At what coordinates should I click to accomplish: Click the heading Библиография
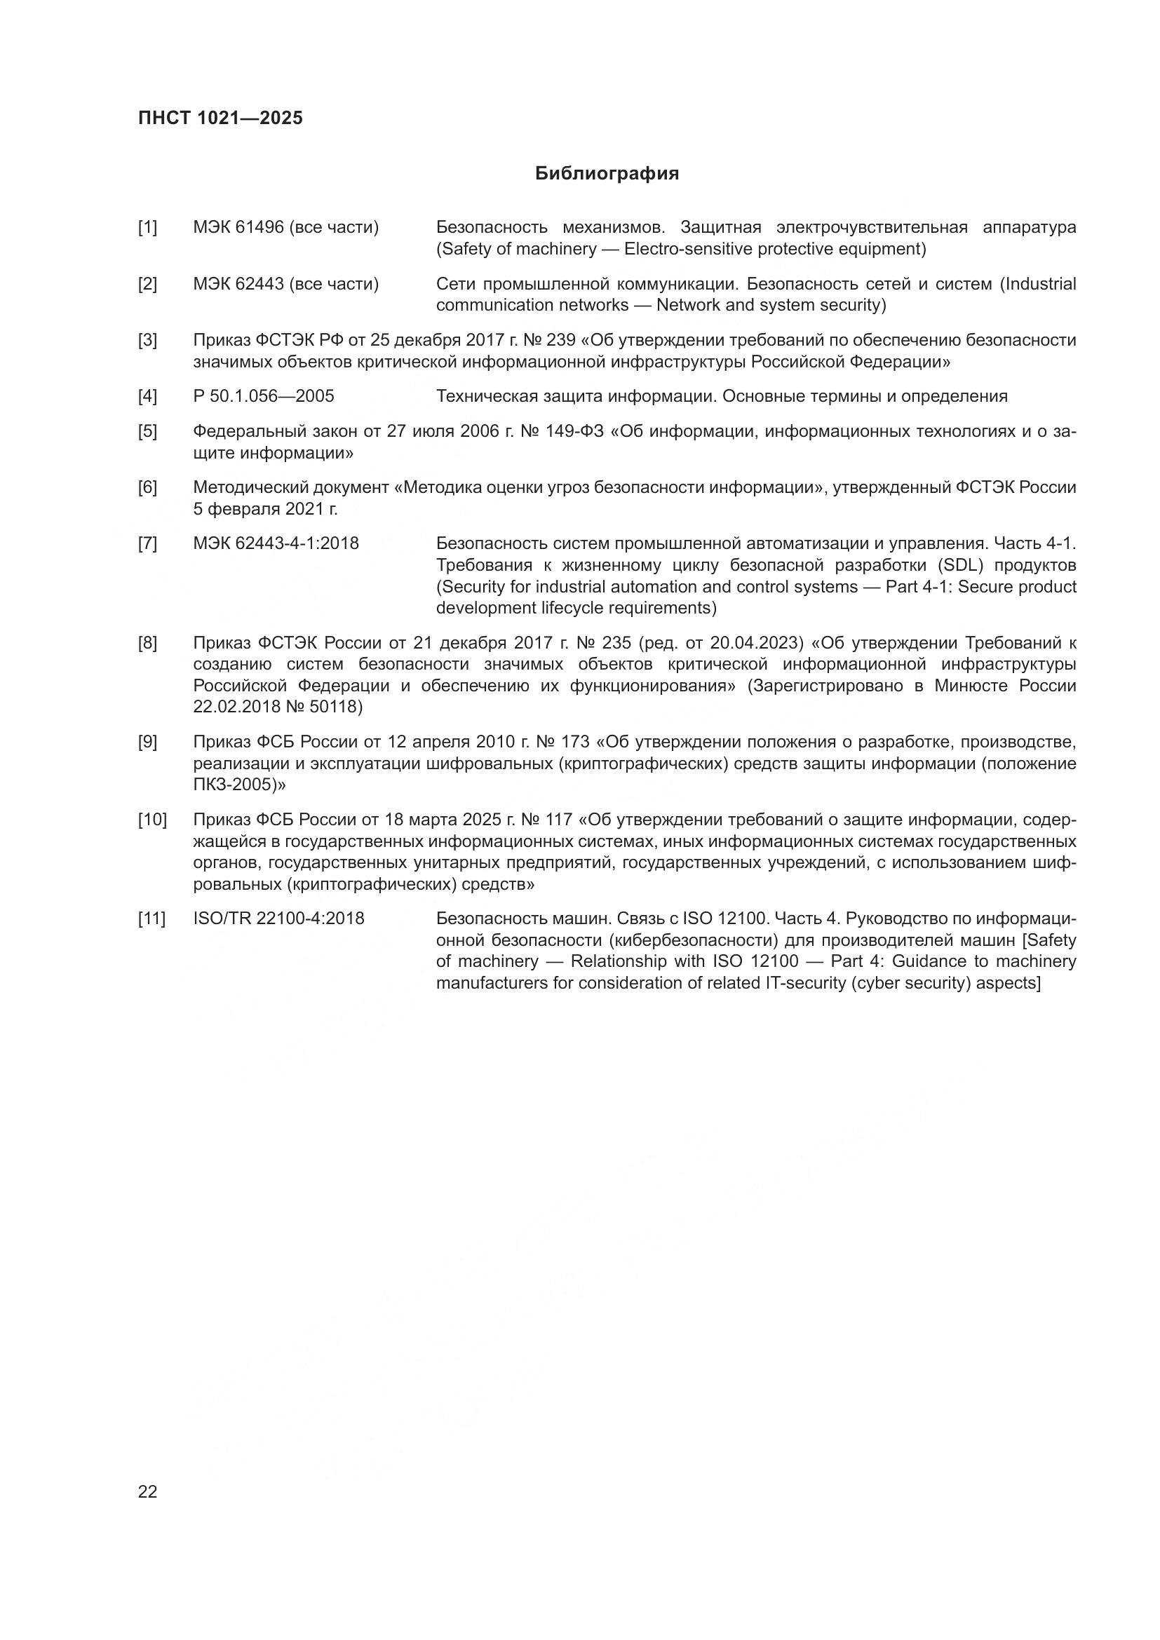click(607, 174)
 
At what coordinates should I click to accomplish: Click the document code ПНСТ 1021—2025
click(220, 118)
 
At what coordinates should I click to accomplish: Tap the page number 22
click(147, 1491)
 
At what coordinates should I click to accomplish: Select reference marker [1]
click(147, 228)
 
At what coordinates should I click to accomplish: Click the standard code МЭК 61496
click(238, 228)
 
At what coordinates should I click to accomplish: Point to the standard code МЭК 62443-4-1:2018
click(276, 543)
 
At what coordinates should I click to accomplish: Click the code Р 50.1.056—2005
click(264, 396)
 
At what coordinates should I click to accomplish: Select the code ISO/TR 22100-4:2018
click(278, 919)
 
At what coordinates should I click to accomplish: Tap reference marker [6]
click(147, 488)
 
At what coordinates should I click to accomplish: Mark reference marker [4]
click(147, 396)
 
